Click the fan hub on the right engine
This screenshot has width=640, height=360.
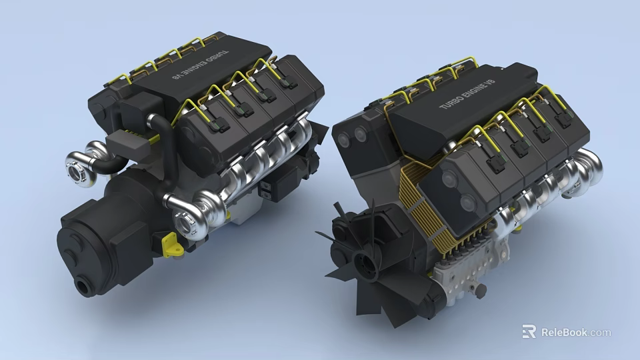365,262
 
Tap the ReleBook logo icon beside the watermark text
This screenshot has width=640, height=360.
529,332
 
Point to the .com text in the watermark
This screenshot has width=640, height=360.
600,332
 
